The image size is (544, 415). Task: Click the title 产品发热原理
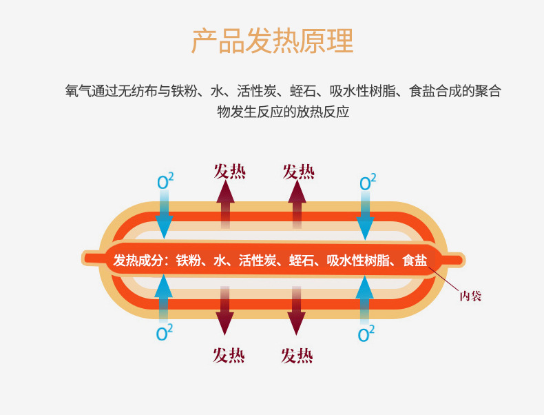[272, 41]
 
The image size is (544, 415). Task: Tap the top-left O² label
[165, 182]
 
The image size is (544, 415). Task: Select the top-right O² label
[368, 182]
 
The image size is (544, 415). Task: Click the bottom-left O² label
[165, 333]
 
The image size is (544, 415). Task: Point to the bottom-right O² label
[366, 334]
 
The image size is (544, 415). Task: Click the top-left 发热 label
[229, 171]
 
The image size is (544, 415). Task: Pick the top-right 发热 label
[298, 171]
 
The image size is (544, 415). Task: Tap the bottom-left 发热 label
[229, 355]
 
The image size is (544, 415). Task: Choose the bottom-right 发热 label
[297, 355]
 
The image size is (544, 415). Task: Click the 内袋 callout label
[470, 296]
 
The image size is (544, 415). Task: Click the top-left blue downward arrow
[164, 215]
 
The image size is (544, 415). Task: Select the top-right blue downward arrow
[366, 215]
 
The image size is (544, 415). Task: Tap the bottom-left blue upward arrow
[163, 296]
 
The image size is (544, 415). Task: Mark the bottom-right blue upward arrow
[365, 296]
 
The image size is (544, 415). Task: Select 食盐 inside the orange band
[415, 261]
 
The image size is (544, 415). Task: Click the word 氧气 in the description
[76, 91]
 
